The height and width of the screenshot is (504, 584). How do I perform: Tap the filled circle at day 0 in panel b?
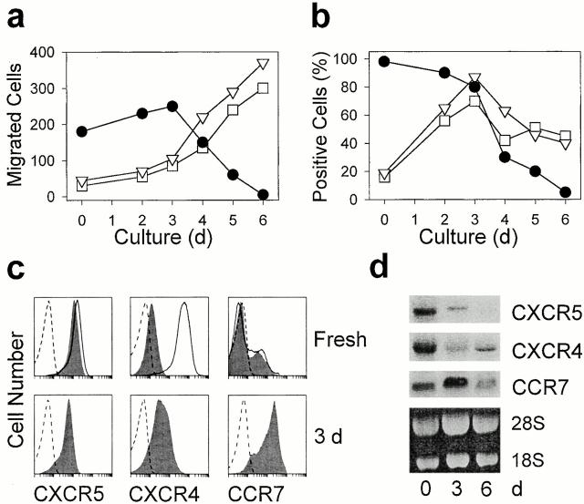[383, 61]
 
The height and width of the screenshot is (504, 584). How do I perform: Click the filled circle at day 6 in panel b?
[566, 191]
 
